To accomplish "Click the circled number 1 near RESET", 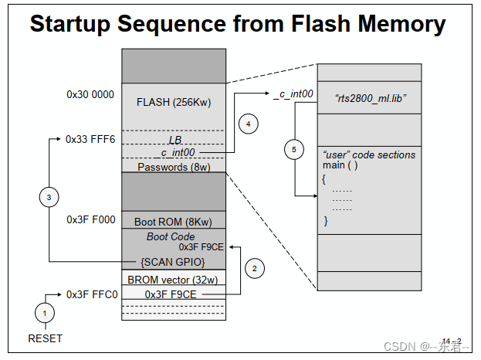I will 44,313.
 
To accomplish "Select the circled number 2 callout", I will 256,268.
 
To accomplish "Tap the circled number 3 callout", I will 49,199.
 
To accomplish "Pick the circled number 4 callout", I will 248,124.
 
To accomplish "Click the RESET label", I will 45,338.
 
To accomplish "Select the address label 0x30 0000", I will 90,95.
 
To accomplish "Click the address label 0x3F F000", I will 90,219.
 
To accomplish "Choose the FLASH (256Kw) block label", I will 173,102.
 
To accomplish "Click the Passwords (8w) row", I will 173,166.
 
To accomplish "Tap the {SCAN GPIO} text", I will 173,262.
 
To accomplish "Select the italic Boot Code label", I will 171,236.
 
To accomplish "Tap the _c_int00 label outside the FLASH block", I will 293,95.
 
